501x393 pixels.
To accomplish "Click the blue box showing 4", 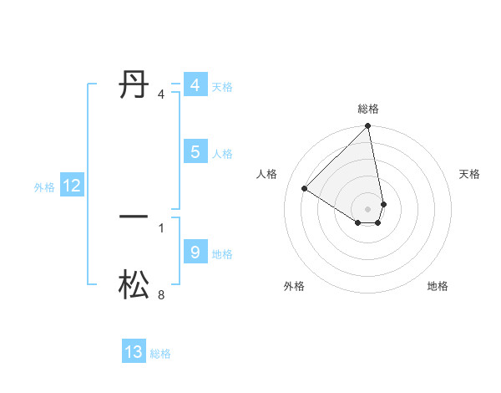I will tap(195, 85).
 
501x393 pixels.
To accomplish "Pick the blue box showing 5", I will tap(195, 152).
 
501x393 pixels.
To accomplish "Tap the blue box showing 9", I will tap(195, 252).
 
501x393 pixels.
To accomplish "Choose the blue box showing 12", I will tap(72, 186).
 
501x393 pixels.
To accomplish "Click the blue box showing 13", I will tap(134, 352).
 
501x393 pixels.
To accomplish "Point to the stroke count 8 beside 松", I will tap(161, 294).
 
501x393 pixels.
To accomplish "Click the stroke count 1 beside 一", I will tap(161, 227).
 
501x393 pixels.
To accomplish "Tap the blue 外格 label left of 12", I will tap(44, 187).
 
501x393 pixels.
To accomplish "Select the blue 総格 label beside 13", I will tap(160, 354).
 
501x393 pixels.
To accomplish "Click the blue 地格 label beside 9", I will tap(222, 253).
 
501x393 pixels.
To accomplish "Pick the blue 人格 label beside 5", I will tap(222, 154).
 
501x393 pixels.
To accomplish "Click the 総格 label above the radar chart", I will tap(367, 109).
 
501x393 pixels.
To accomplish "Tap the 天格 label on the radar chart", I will tap(469, 174).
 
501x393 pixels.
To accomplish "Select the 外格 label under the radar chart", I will tap(293, 286).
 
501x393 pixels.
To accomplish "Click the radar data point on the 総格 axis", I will tap(367, 127).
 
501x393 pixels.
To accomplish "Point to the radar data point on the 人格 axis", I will tap(305, 188).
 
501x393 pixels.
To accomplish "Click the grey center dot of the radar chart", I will tap(367, 208).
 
